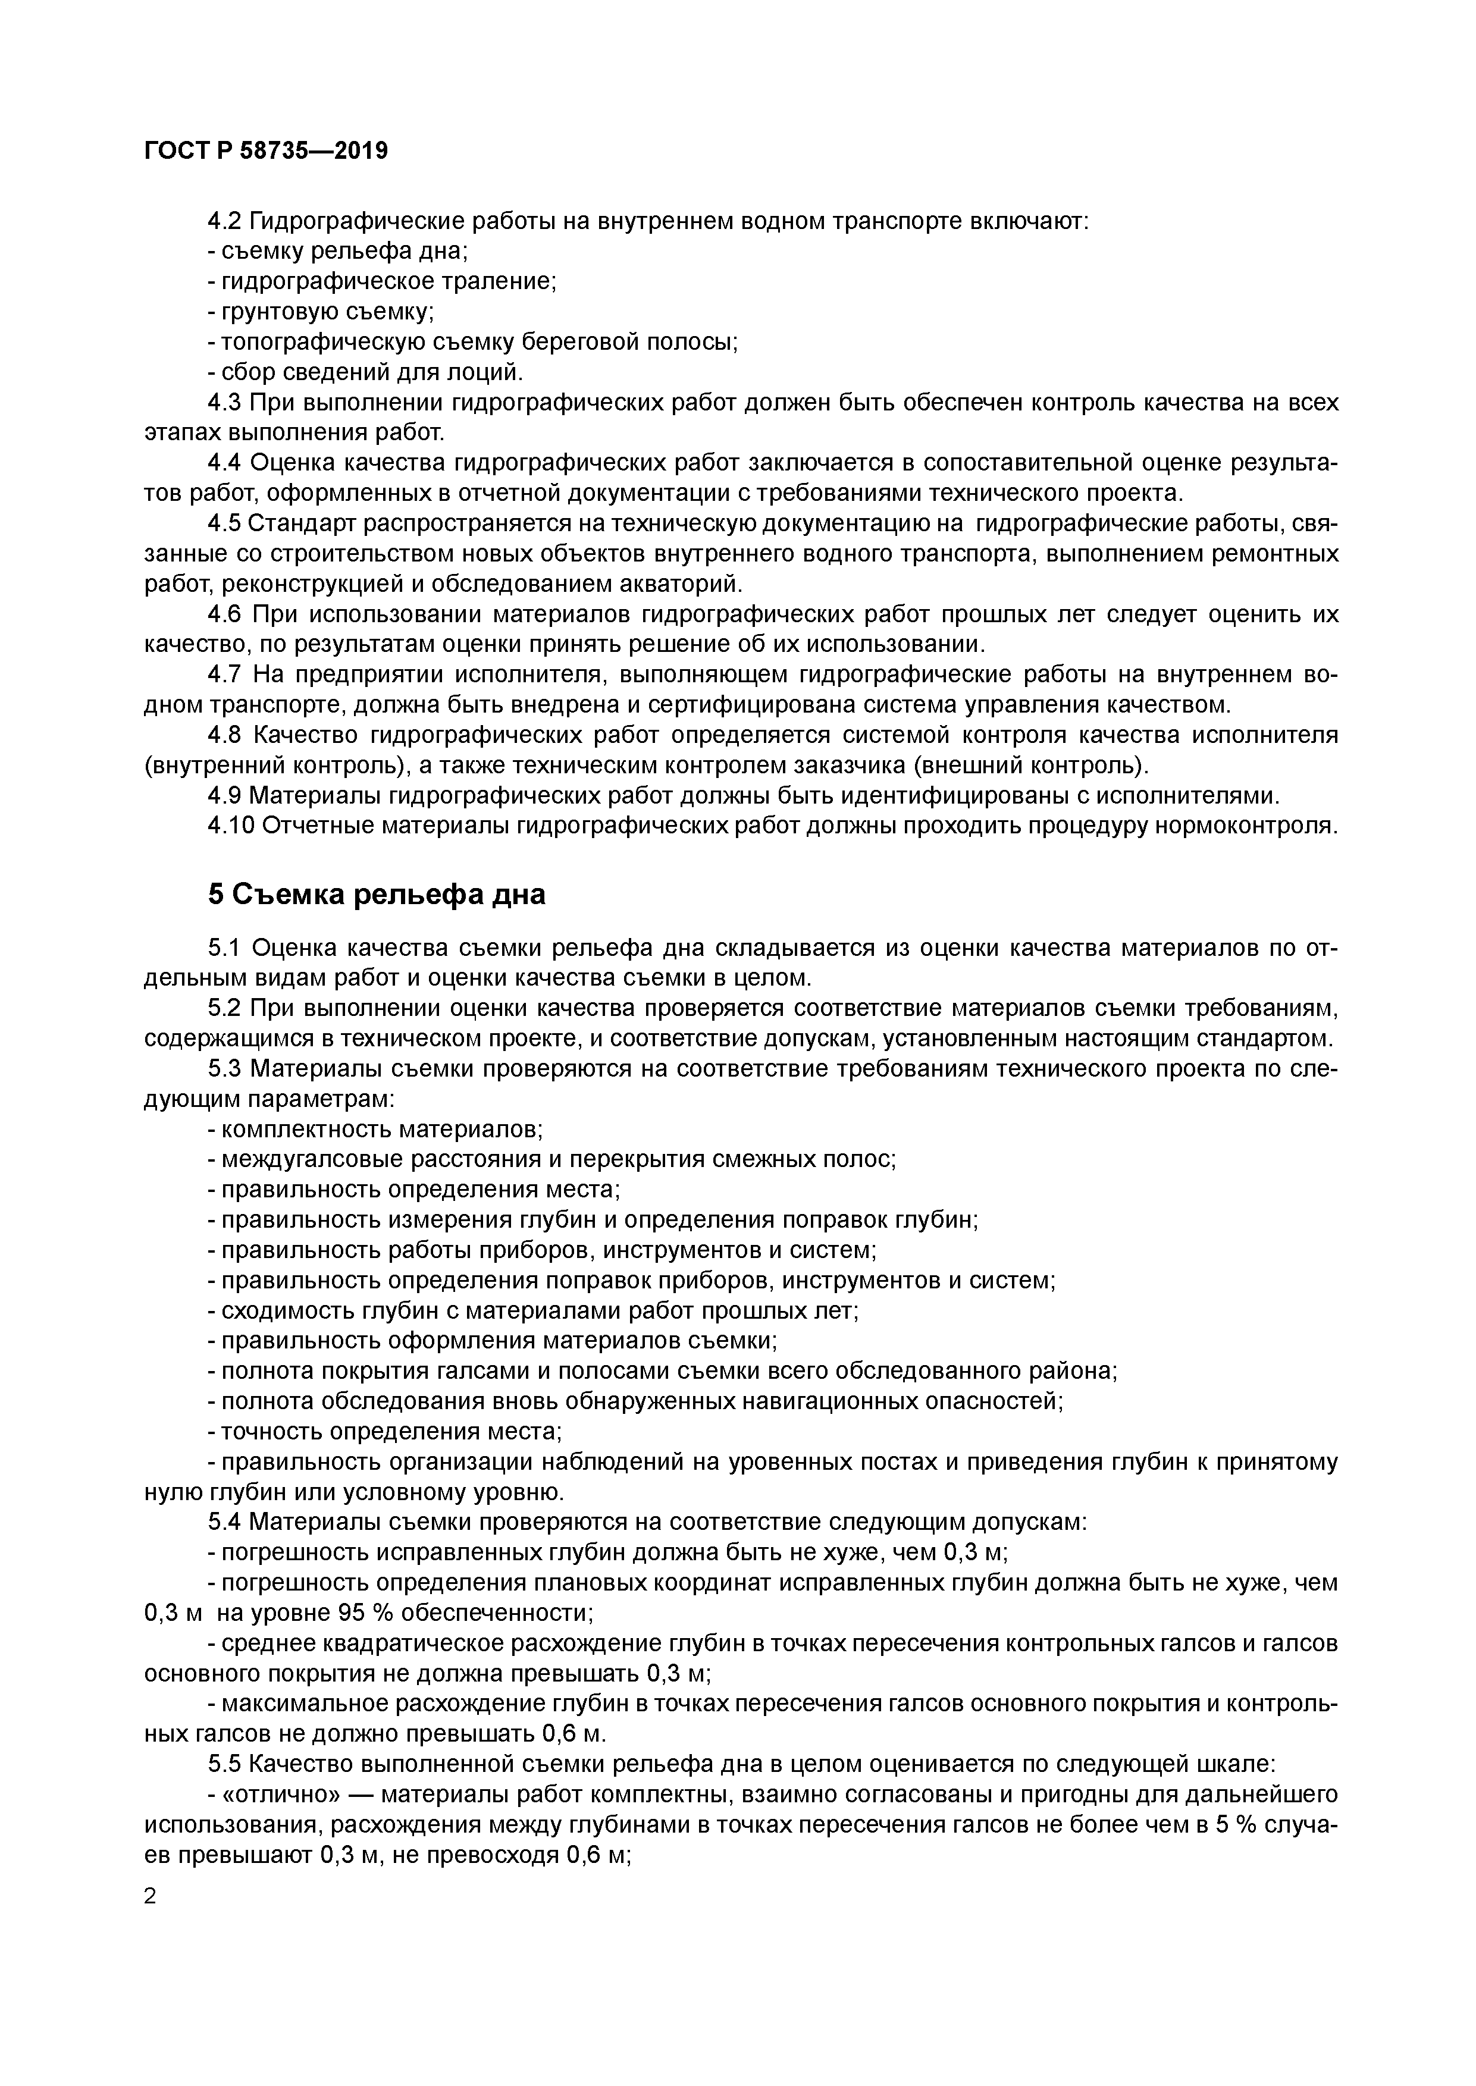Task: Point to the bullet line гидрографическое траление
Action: [382, 281]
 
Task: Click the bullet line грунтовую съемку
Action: [321, 312]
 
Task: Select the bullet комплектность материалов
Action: [375, 1130]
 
